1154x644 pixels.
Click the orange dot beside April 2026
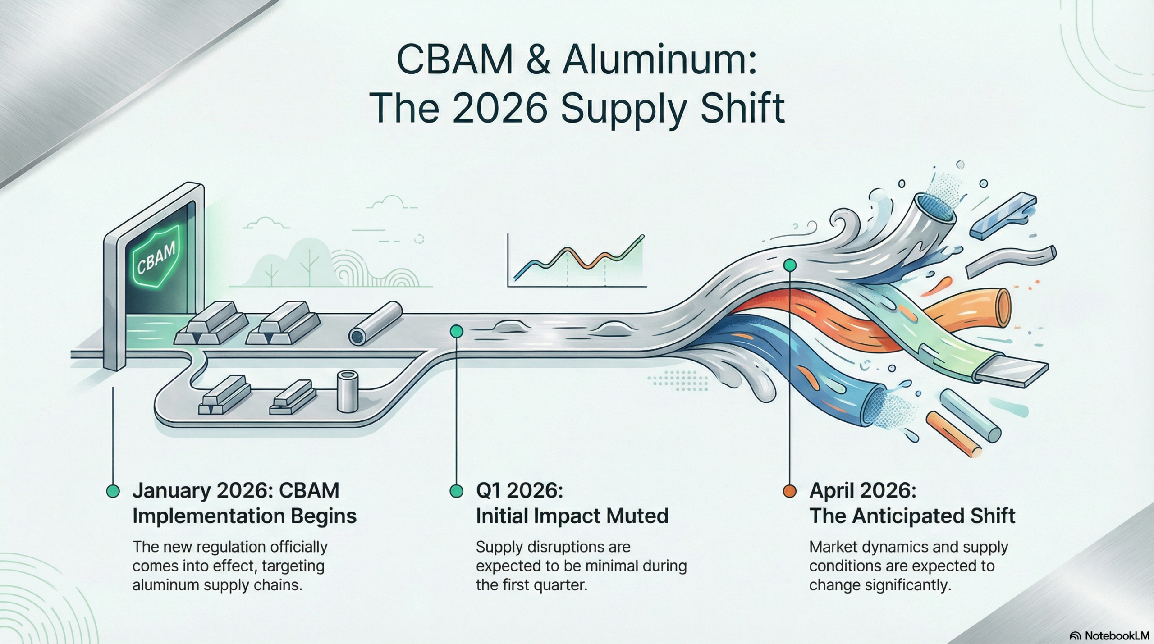789,491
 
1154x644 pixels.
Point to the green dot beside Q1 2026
457,491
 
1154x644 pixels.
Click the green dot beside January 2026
113,491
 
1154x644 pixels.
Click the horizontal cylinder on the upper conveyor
375,324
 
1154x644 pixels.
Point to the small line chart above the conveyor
577,261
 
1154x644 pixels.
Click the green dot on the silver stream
789,265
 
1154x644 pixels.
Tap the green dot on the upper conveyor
457,331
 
